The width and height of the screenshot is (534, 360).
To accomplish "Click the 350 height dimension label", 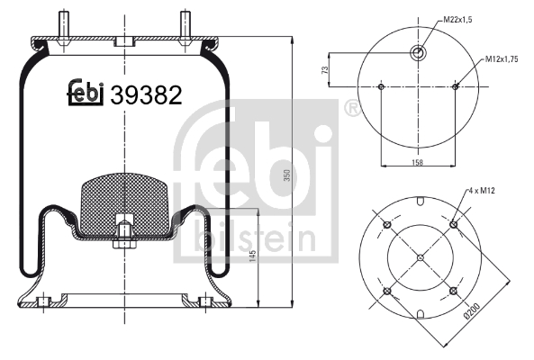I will (287, 175).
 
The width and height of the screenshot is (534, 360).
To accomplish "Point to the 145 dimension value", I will (253, 257).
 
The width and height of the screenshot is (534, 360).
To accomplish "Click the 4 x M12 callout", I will (484, 192).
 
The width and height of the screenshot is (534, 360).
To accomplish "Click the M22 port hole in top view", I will (419, 53).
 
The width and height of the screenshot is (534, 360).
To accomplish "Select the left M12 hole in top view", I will (382, 87).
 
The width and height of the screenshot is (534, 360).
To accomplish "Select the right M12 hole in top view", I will (456, 87).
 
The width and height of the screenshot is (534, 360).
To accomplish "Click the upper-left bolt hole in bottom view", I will (386, 224).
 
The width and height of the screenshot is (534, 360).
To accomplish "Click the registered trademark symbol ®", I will (352, 110).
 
